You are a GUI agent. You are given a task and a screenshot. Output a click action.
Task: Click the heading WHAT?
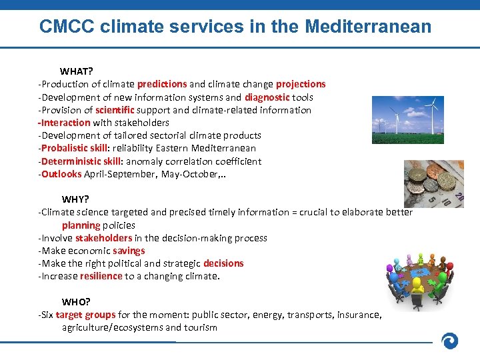[77, 71]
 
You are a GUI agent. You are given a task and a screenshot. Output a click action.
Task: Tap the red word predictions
[162, 84]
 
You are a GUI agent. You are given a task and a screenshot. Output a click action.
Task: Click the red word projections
[301, 84]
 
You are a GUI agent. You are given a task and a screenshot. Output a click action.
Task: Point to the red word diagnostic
[267, 97]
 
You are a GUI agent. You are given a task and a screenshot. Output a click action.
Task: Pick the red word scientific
[115, 110]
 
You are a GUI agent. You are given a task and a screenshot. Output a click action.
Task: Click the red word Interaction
[65, 123]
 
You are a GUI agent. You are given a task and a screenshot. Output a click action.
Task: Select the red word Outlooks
[61, 174]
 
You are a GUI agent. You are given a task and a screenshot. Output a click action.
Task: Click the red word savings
[129, 251]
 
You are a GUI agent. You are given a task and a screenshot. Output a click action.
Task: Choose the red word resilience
[101, 276]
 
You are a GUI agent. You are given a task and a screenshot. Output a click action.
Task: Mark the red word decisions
[223, 263]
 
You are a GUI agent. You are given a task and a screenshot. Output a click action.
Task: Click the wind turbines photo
[407, 124]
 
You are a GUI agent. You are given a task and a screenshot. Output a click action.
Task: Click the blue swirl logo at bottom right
[451, 341]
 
